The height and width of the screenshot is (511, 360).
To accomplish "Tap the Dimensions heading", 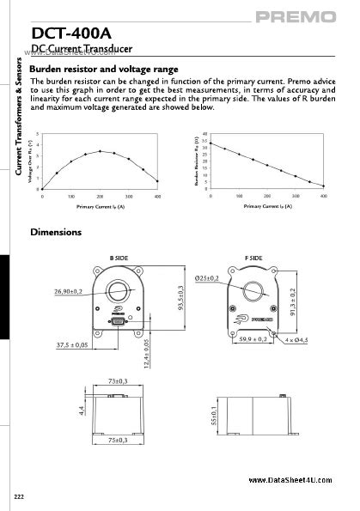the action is tap(56, 232).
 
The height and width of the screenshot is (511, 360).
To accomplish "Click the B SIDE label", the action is tap(118, 258).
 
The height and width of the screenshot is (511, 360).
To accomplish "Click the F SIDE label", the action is tap(253, 258).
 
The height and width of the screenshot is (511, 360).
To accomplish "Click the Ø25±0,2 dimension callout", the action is tap(207, 277).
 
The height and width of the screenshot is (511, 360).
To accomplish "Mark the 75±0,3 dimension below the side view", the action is tap(117, 441).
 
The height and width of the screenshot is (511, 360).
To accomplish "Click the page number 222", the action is tap(19, 497).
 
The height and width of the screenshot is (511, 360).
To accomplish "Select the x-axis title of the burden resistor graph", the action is tap(267, 206).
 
